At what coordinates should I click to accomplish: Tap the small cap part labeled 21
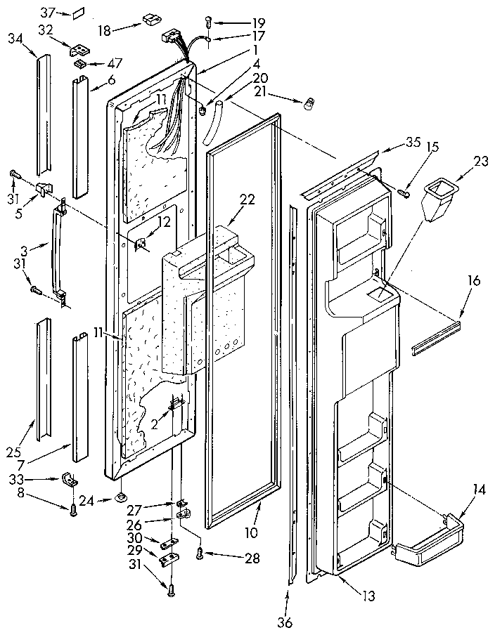click(307, 106)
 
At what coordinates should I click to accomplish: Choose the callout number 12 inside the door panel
click(163, 222)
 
